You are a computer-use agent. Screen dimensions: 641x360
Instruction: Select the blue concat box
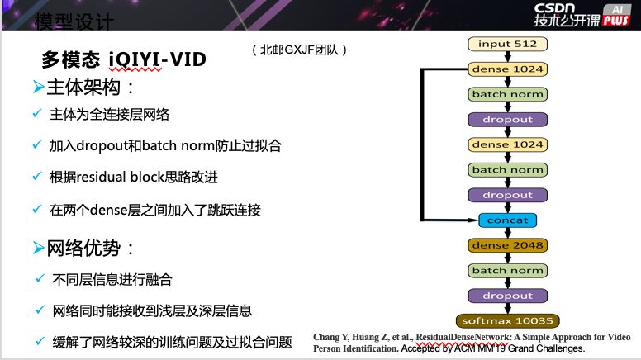pos(507,220)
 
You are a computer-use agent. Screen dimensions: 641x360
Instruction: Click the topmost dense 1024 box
pos(507,69)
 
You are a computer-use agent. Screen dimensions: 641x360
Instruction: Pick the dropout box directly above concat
pos(507,195)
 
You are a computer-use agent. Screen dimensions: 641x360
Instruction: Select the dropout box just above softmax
pos(507,296)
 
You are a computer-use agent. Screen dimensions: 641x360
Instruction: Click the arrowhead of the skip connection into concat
pos(473,220)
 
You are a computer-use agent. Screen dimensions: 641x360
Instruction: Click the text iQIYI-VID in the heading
pos(157,60)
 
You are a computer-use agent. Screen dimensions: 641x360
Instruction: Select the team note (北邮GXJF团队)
pos(299,50)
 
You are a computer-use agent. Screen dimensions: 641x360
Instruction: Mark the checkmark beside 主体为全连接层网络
pos(36,114)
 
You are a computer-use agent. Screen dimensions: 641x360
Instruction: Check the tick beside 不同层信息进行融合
pos(36,279)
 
